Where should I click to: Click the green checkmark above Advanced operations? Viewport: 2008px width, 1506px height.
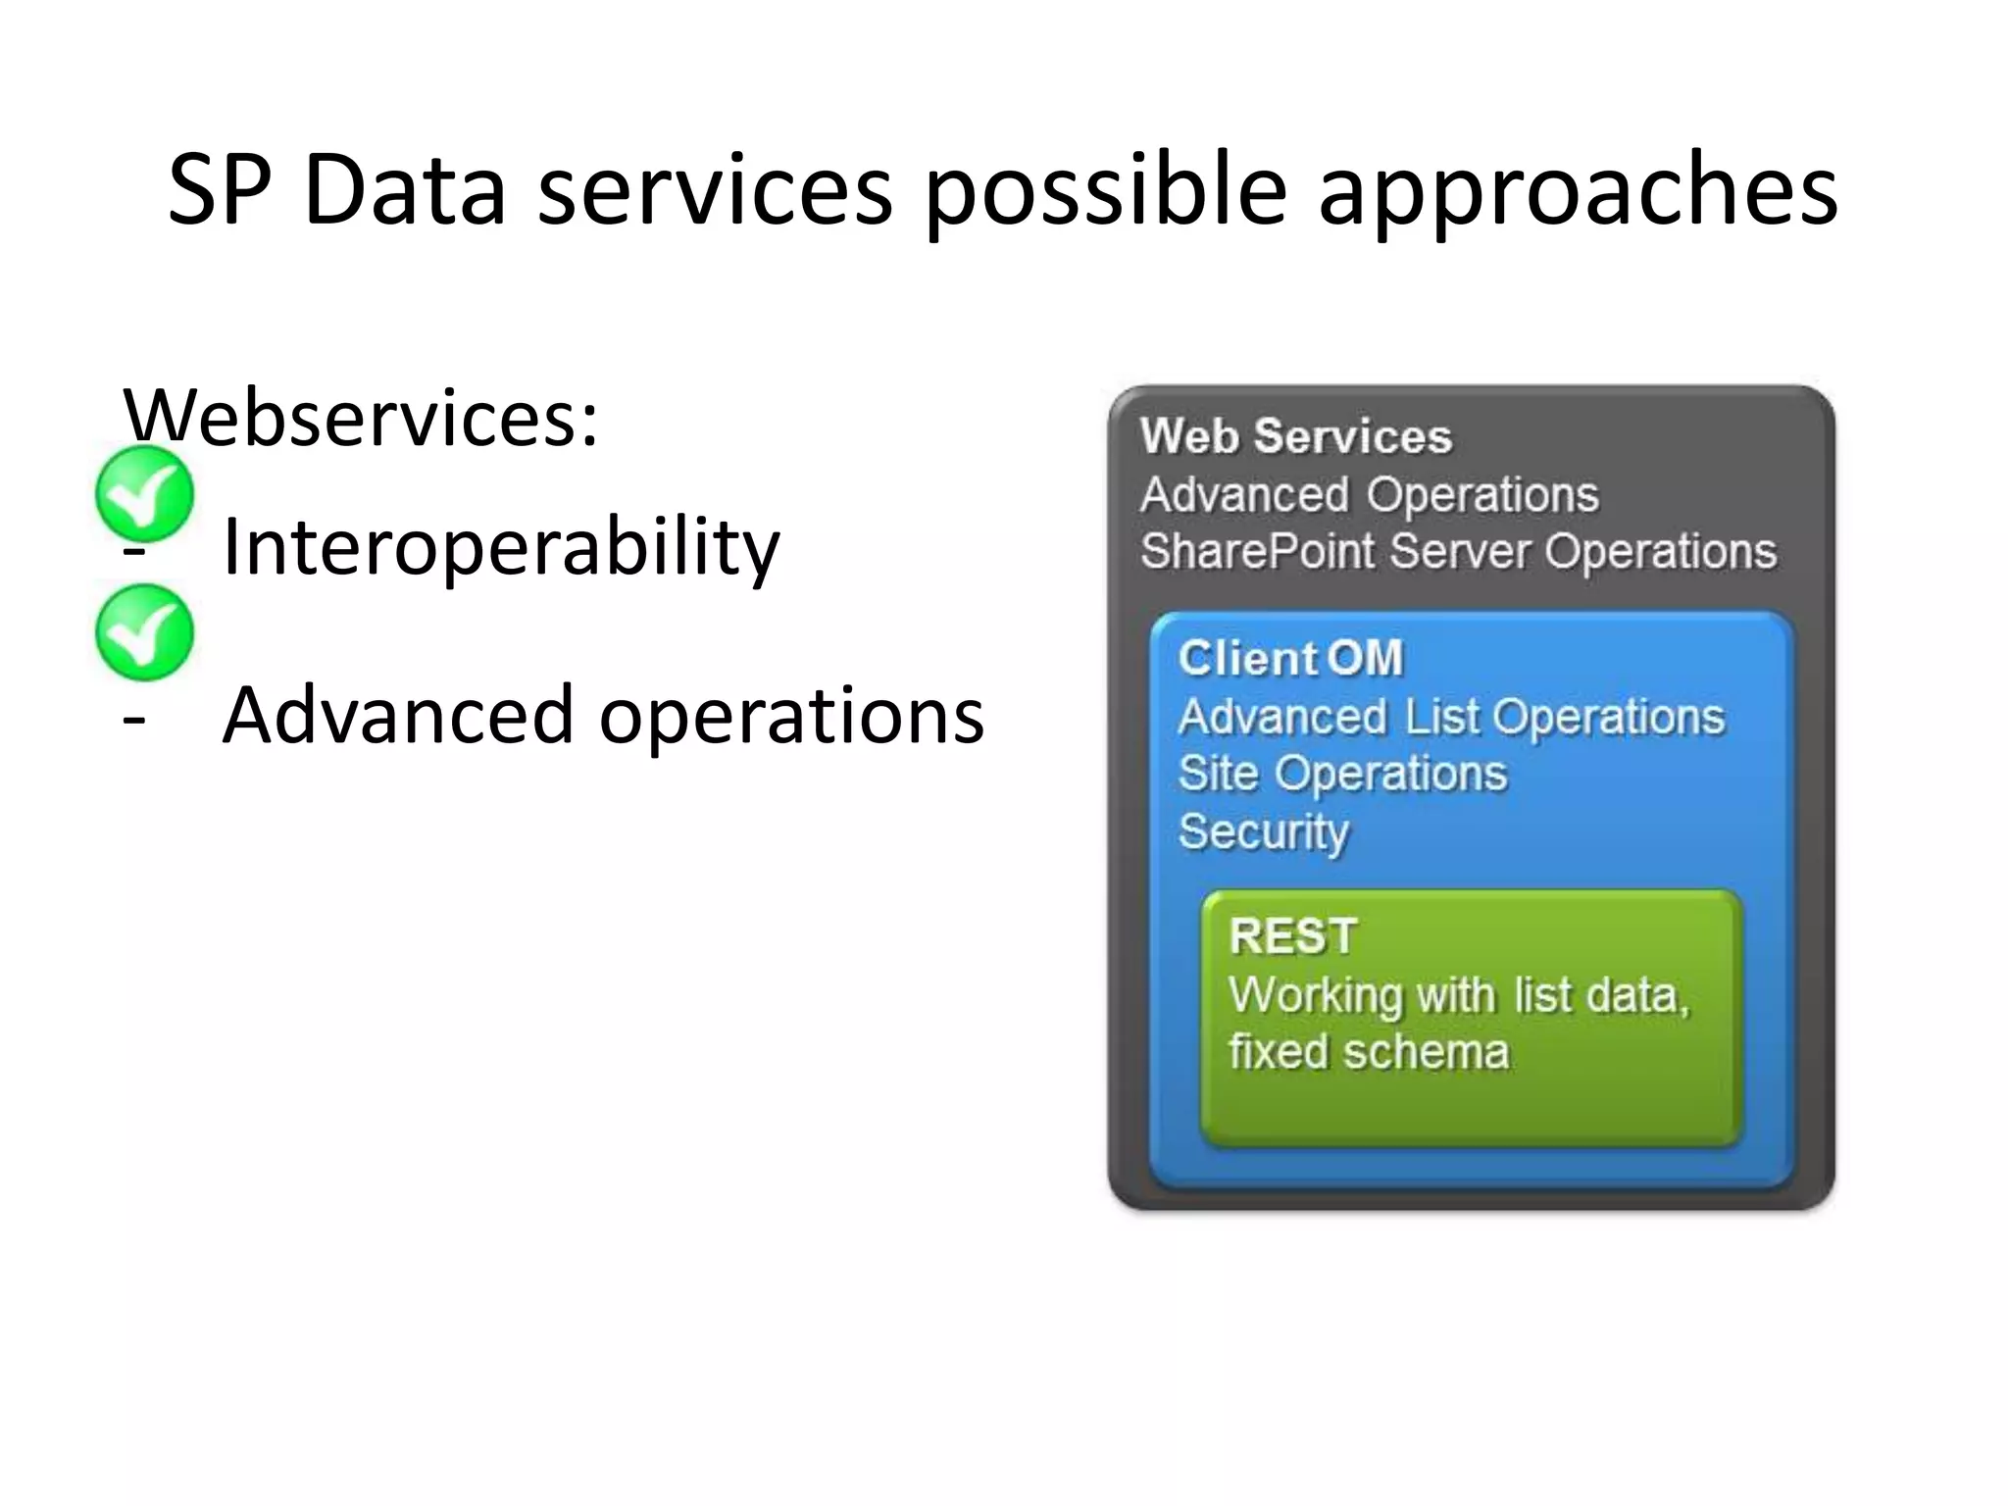[x=145, y=632]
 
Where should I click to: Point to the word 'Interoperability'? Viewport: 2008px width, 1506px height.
[x=501, y=546]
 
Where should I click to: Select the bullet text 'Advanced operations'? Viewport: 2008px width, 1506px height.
[x=602, y=715]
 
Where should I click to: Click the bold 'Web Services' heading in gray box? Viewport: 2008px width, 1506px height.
[x=1295, y=436]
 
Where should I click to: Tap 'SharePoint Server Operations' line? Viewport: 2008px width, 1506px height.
[x=1458, y=551]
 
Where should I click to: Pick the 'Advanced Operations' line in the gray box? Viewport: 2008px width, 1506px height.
[x=1369, y=494]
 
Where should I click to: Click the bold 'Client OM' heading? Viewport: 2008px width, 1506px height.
[x=1290, y=658]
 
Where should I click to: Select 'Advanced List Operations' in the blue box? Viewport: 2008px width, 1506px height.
[x=1450, y=717]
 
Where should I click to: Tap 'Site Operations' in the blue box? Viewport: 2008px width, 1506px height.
[x=1341, y=774]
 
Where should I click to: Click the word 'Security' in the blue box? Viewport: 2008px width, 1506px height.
[x=1263, y=831]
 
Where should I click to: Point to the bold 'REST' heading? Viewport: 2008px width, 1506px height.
[x=1292, y=935]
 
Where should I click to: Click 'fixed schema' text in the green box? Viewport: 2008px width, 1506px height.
[x=1368, y=1052]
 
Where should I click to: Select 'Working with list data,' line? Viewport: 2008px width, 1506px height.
[x=1459, y=995]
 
